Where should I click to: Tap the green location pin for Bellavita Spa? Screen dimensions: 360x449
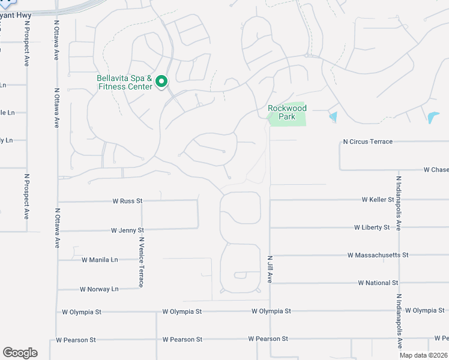[161, 82]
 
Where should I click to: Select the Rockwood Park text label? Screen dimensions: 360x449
[287, 112]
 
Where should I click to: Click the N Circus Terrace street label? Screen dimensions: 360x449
[367, 142]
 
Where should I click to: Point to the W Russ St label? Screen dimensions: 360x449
[127, 201]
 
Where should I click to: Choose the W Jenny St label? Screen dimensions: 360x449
[127, 230]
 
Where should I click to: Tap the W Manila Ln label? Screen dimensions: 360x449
[100, 260]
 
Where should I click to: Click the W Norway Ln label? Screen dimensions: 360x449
[99, 289]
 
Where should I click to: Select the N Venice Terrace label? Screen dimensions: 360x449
[141, 262]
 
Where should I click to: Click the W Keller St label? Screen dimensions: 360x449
[378, 199]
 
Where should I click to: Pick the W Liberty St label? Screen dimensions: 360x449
[372, 227]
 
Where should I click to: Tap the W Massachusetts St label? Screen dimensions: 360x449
[378, 255]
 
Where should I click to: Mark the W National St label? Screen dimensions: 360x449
[378, 283]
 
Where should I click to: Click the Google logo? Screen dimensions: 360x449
[20, 353]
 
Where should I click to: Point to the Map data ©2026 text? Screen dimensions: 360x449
[423, 355]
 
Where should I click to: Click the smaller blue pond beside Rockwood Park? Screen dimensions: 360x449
[333, 117]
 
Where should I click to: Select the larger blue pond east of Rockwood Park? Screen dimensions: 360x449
[433, 117]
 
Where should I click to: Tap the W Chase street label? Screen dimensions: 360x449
[436, 170]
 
